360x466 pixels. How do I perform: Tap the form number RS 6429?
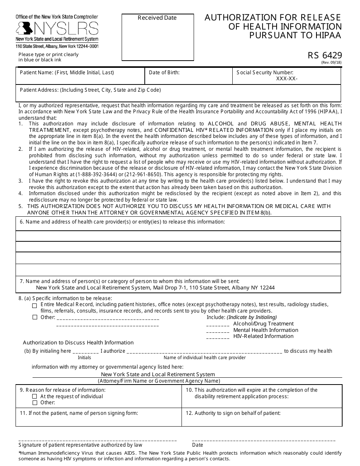tap(324, 56)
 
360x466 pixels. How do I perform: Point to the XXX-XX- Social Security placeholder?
tap(286, 79)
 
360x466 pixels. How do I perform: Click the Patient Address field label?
tap(90, 90)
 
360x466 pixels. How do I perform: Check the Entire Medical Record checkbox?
tap(35, 305)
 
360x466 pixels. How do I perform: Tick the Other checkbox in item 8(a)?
tap(35, 317)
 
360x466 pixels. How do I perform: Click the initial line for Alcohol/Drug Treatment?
tap(218, 325)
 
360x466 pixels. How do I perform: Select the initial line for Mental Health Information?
tap(218, 331)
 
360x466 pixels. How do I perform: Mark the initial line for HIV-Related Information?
tap(218, 337)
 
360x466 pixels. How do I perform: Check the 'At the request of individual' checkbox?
tap(35, 397)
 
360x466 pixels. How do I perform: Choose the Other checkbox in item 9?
tap(35, 403)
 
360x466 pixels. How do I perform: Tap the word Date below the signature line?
tap(197, 445)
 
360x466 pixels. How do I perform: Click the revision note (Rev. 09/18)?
tap(331, 63)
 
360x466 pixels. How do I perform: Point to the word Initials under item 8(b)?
tap(85, 358)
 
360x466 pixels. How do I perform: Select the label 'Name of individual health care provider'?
tap(205, 358)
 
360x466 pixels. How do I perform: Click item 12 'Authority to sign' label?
tap(233, 413)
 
